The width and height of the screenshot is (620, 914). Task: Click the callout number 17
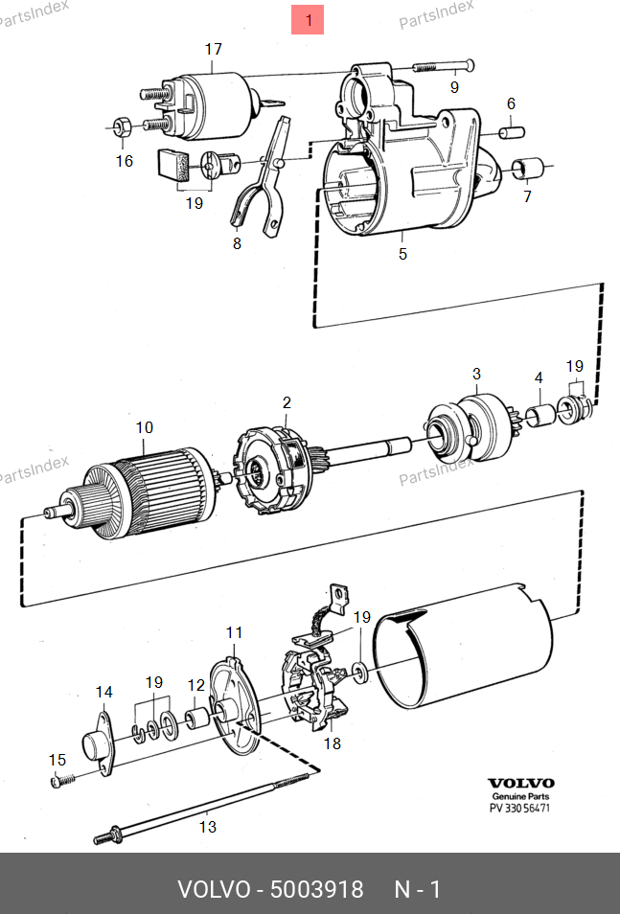[213, 49]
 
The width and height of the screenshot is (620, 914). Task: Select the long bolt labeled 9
[444, 67]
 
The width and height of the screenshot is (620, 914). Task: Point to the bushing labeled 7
[528, 170]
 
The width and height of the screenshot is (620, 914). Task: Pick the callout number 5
[402, 254]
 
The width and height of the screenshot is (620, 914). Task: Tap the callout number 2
[286, 402]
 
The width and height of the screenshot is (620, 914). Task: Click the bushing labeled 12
[197, 717]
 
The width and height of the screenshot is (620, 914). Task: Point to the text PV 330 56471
[520, 808]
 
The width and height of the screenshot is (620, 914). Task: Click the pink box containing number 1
[308, 19]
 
